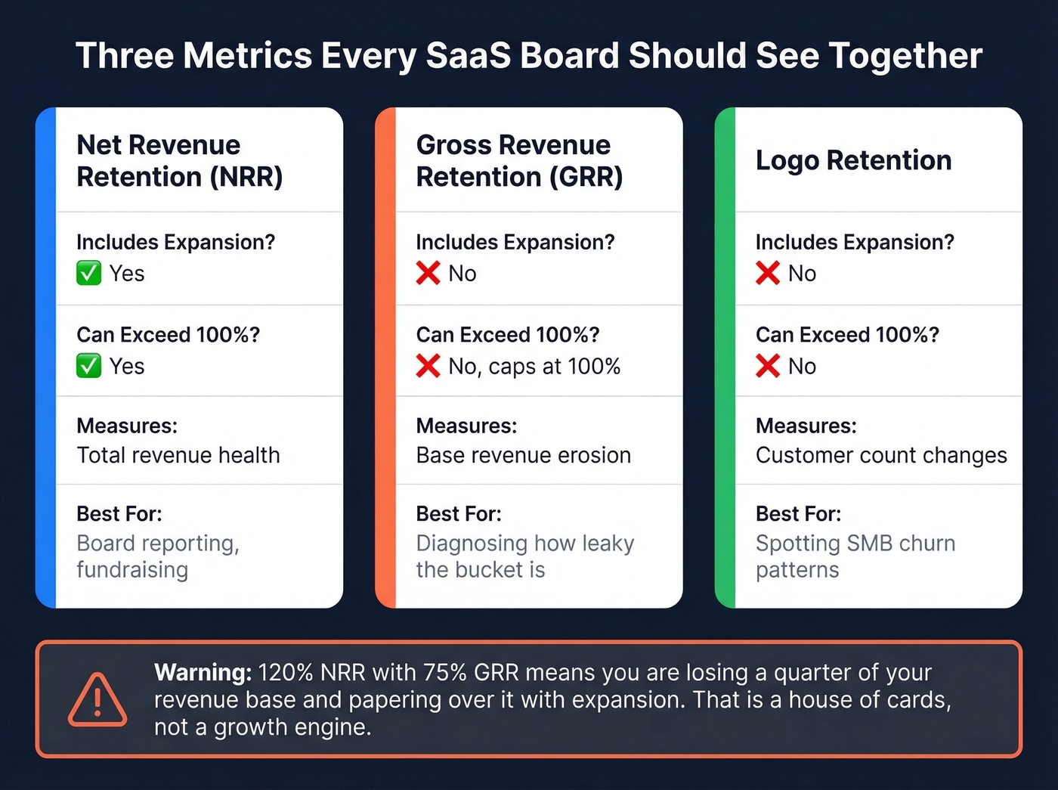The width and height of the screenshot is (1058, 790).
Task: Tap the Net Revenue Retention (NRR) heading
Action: pyautogui.click(x=180, y=160)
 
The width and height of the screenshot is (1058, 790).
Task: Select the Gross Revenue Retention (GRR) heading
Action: pyautogui.click(x=519, y=160)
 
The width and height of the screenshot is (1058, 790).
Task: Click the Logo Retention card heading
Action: pyautogui.click(x=853, y=160)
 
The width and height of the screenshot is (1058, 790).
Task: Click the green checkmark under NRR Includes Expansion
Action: pyautogui.click(x=88, y=273)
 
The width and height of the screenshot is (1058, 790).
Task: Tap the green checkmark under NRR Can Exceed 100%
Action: pyautogui.click(x=88, y=366)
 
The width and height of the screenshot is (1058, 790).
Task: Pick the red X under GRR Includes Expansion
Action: pyautogui.click(x=428, y=273)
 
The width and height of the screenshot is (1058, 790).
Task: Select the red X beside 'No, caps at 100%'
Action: pyautogui.click(x=428, y=366)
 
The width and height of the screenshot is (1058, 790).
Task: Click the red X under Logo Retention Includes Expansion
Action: pyautogui.click(x=767, y=273)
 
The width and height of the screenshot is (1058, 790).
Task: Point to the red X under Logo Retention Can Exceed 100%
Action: pyautogui.click(x=767, y=366)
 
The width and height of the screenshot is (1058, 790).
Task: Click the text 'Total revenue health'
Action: pyautogui.click(x=178, y=455)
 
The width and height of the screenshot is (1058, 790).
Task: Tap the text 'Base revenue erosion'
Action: pyautogui.click(x=523, y=455)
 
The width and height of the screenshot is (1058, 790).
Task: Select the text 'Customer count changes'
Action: pyautogui.click(x=881, y=455)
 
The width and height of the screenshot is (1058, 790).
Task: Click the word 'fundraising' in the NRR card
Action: pyautogui.click(x=132, y=570)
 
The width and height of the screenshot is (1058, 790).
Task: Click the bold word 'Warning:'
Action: pyautogui.click(x=203, y=672)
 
